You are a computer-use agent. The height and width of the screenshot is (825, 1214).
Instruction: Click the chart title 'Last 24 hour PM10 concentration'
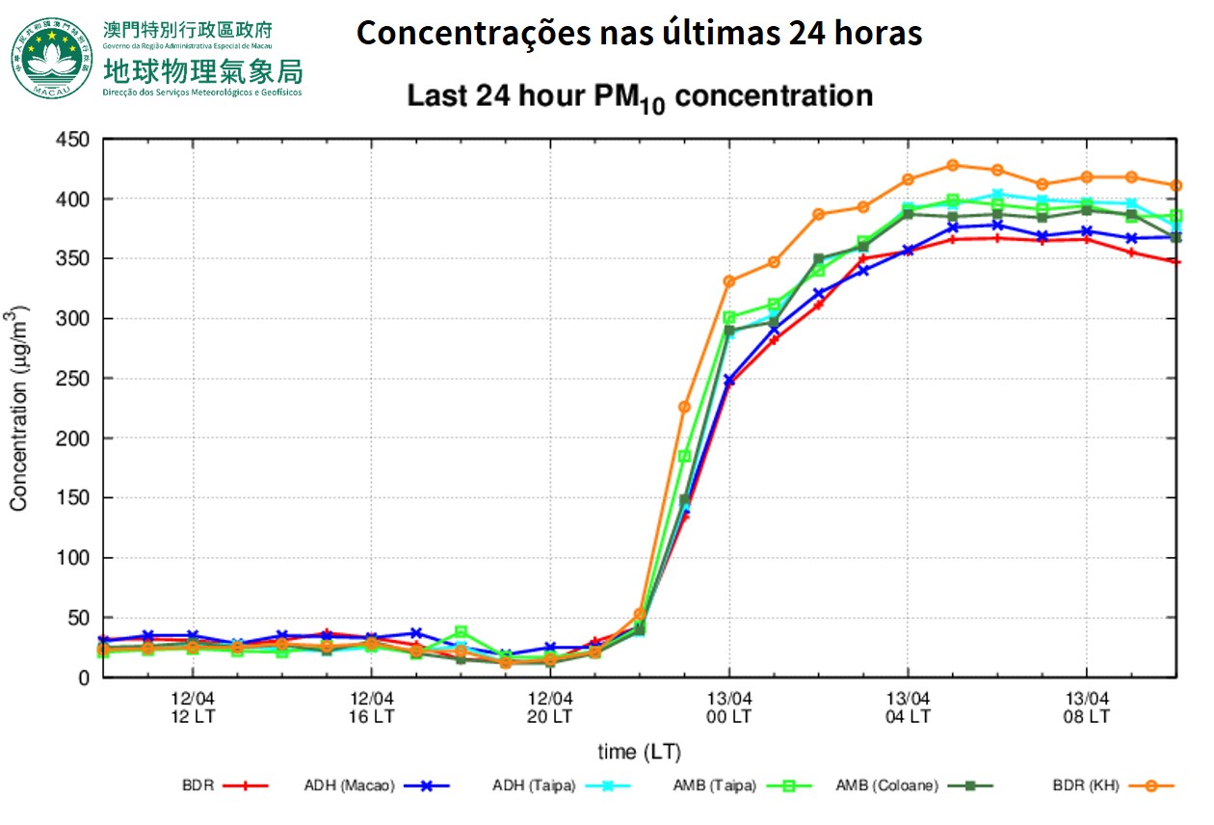(x=640, y=97)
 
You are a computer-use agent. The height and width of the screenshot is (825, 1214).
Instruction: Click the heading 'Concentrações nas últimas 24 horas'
(x=640, y=34)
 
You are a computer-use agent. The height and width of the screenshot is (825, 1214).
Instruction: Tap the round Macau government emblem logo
(x=54, y=57)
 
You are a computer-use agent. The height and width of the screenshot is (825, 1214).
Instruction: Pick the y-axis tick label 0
(x=83, y=678)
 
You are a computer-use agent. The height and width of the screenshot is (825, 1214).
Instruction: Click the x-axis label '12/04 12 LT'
(x=193, y=707)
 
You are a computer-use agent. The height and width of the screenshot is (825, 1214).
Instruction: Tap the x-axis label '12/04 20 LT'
(x=550, y=707)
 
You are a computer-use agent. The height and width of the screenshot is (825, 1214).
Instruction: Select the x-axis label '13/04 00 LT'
(x=729, y=707)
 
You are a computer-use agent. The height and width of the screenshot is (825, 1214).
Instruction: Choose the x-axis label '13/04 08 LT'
(x=1087, y=707)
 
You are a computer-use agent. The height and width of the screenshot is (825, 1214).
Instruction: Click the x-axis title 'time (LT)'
(x=640, y=752)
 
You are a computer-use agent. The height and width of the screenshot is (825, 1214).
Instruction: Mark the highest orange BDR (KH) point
(x=953, y=165)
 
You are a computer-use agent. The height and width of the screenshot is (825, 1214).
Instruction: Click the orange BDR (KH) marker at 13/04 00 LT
(x=729, y=281)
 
